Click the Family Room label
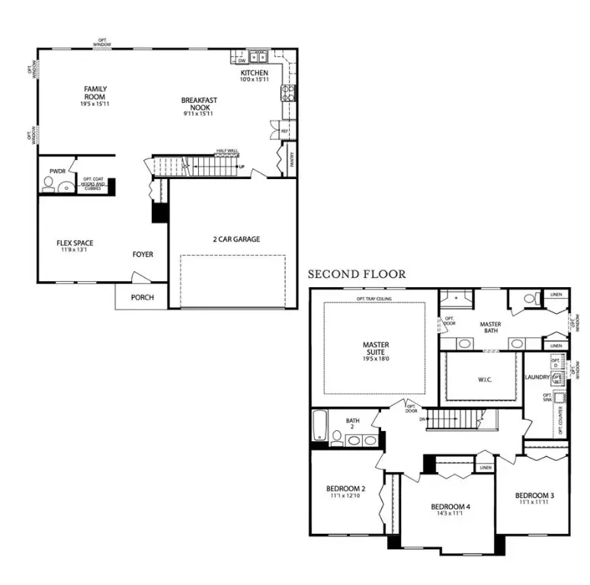pyautogui.click(x=95, y=94)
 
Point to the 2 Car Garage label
pyautogui.click(x=236, y=239)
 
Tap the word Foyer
pyautogui.click(x=143, y=255)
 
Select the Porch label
pyautogui.click(x=142, y=297)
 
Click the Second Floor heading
pyautogui.click(x=356, y=274)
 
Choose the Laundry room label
pyautogui.click(x=537, y=377)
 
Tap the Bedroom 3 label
pyautogui.click(x=534, y=496)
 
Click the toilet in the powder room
pyautogui.click(x=47, y=184)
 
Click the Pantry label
pyautogui.click(x=292, y=161)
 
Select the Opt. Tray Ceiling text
pyautogui.click(x=374, y=299)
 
